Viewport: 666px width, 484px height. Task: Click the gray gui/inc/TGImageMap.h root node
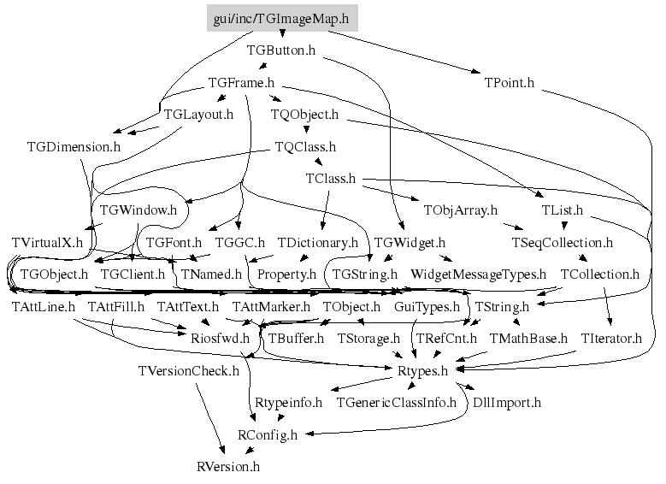[x=282, y=17]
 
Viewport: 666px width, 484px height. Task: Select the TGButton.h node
[x=281, y=50]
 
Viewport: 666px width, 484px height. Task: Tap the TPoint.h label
[x=509, y=83]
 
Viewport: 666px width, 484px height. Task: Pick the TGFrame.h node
[x=241, y=83]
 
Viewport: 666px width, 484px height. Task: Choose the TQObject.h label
[x=304, y=114]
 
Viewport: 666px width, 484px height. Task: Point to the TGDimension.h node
[x=73, y=146]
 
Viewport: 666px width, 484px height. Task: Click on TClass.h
[x=330, y=179]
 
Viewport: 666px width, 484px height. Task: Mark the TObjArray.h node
[x=460, y=210]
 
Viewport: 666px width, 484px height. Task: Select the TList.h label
[x=563, y=210]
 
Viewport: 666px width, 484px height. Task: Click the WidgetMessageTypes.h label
[x=478, y=274]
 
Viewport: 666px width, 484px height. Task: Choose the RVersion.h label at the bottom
[x=227, y=467]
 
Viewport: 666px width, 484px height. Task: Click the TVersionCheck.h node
[x=189, y=370]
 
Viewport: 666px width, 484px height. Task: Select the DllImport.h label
[x=508, y=402]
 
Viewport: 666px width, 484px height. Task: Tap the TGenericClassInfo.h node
[x=397, y=402]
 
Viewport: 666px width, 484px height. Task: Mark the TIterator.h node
[x=611, y=338]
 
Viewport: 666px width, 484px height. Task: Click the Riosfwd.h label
[x=220, y=338]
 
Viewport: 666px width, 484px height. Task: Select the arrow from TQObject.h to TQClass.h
[x=305, y=130]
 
